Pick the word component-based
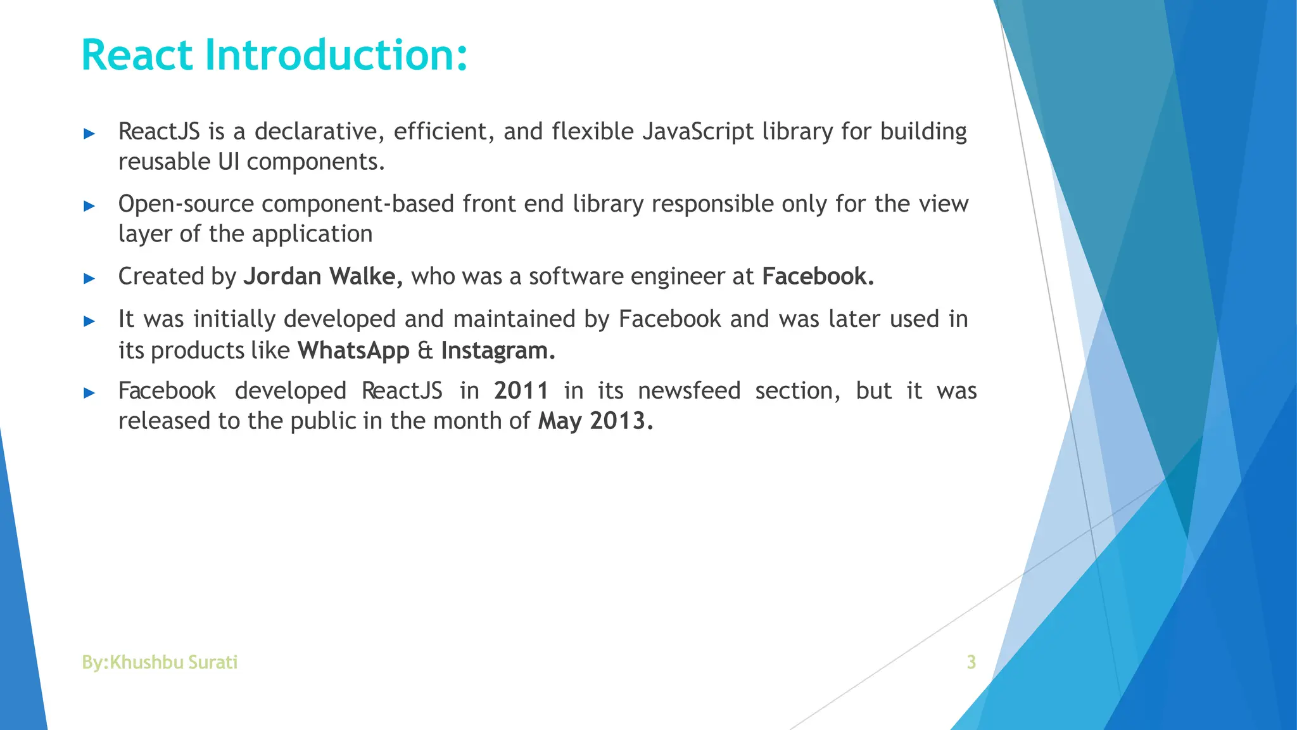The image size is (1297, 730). (x=358, y=204)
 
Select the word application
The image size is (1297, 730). (x=312, y=234)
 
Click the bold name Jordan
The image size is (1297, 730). (x=282, y=277)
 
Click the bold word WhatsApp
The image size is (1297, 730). (x=353, y=350)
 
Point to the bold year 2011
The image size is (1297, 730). (x=521, y=391)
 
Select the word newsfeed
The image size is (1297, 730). (x=689, y=391)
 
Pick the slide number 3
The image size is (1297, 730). (x=971, y=662)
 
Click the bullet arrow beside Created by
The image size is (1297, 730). (x=89, y=278)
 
